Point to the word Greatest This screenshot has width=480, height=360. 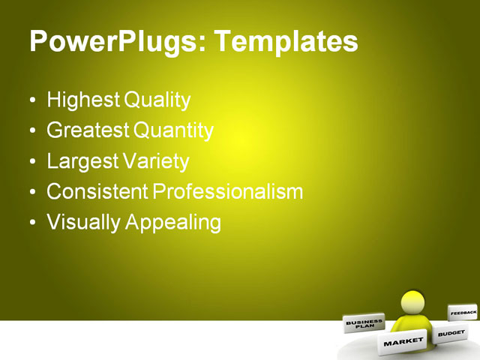[x=87, y=130]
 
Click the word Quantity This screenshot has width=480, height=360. [x=174, y=130]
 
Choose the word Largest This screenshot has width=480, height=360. [x=80, y=161]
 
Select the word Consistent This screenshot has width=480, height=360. [x=97, y=192]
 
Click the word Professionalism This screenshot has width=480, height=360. [x=228, y=192]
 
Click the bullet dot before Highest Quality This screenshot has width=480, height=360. [x=32, y=100]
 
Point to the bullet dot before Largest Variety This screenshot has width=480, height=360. [x=32, y=162]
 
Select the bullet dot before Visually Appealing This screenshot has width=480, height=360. [x=32, y=223]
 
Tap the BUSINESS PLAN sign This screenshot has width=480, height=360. [x=364, y=323]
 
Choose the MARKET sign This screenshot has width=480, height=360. [x=403, y=342]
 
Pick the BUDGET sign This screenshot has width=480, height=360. [x=451, y=332]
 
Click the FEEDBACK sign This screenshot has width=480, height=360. [x=463, y=311]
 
